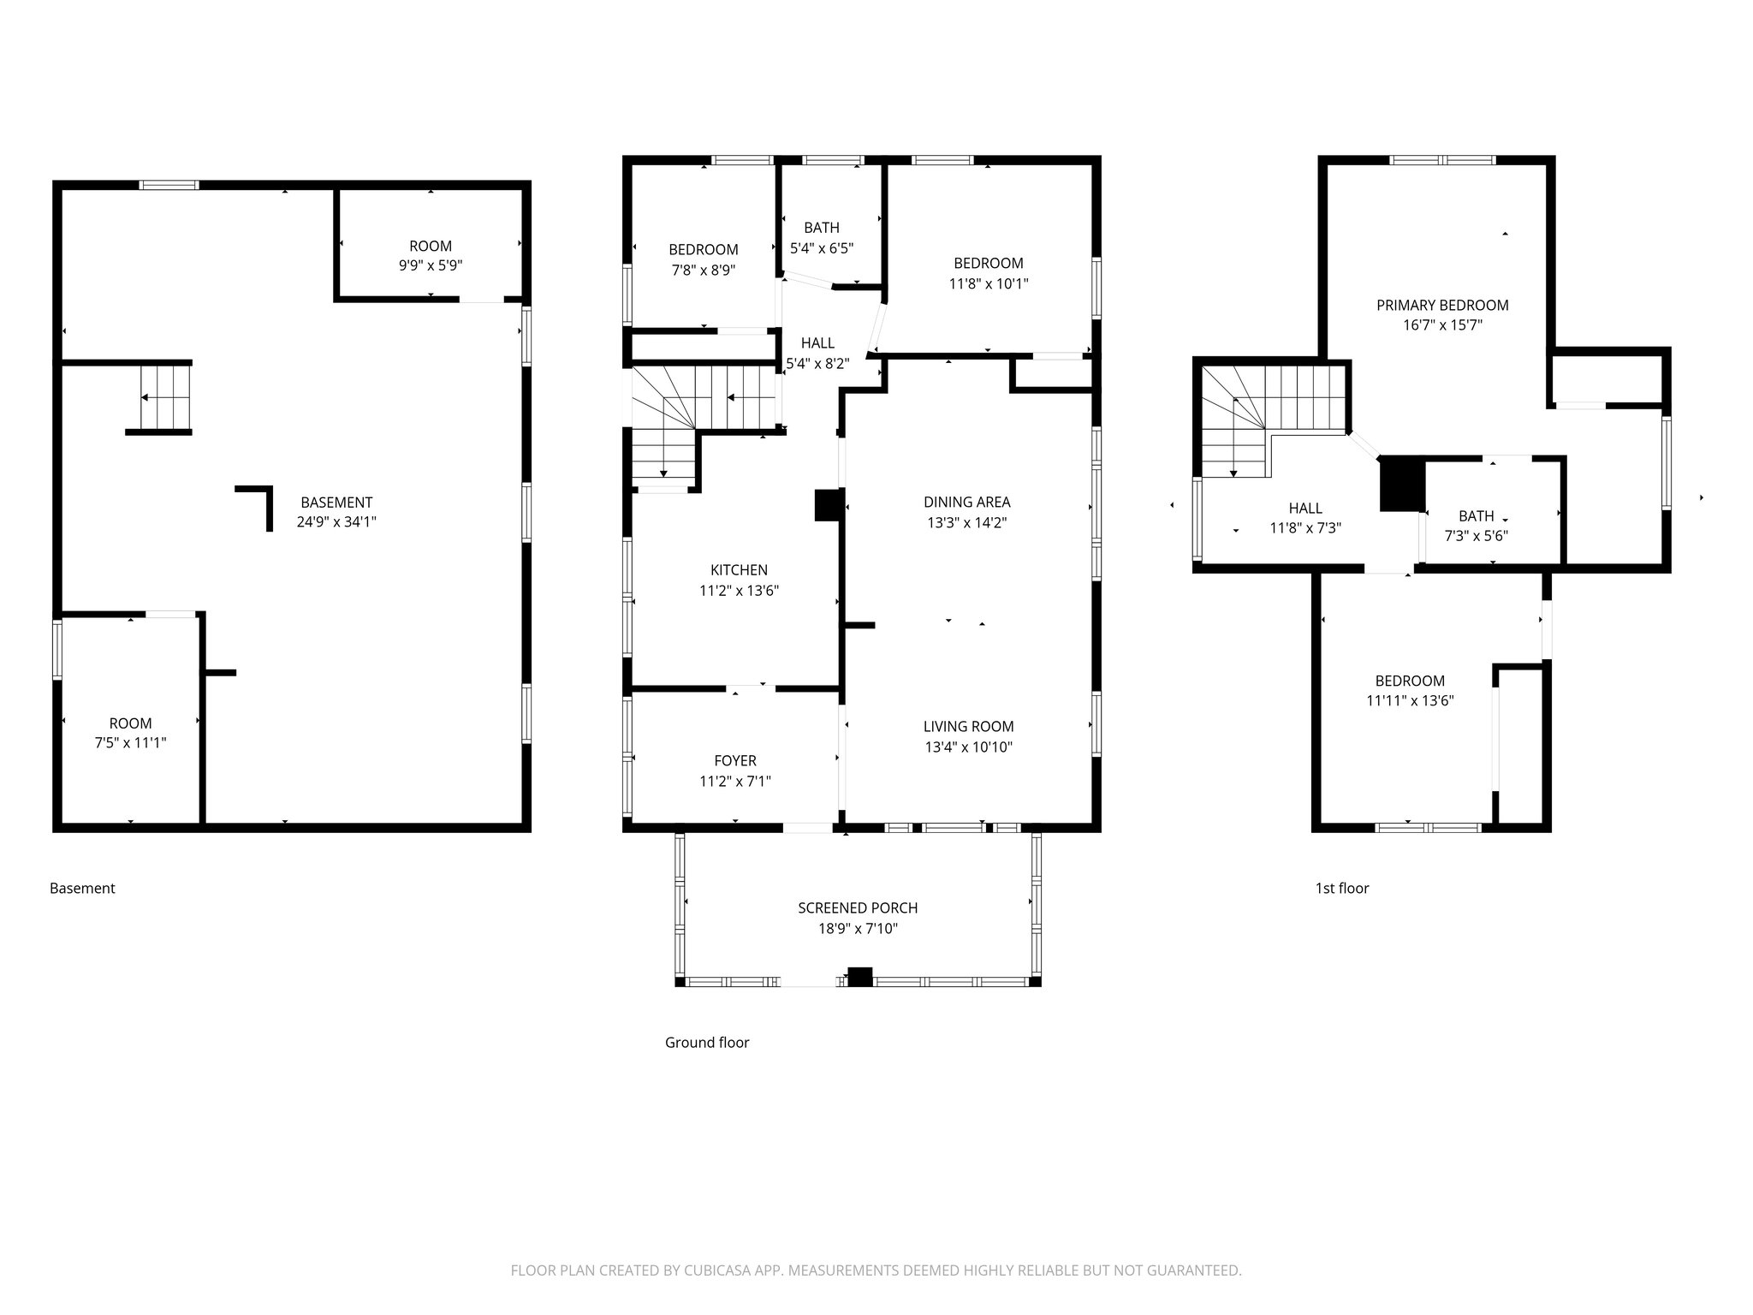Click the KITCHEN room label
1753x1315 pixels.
pyautogui.click(x=739, y=570)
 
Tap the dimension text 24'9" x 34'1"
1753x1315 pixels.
pyautogui.click(x=336, y=522)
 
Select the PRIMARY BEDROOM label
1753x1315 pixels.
pyautogui.click(x=1442, y=306)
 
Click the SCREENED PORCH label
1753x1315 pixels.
pyautogui.click(x=858, y=908)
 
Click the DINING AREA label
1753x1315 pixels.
pyautogui.click(x=966, y=503)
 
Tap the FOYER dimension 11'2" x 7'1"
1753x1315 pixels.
pyautogui.click(x=734, y=781)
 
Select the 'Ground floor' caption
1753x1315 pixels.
pyautogui.click(x=707, y=1043)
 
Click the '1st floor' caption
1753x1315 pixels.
pyautogui.click(x=1341, y=889)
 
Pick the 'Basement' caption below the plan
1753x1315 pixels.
pyautogui.click(x=82, y=889)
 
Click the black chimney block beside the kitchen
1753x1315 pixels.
pyautogui.click(x=829, y=505)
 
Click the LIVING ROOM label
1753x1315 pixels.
pyautogui.click(x=968, y=727)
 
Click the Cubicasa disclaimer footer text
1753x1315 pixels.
pyautogui.click(x=876, y=1270)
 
